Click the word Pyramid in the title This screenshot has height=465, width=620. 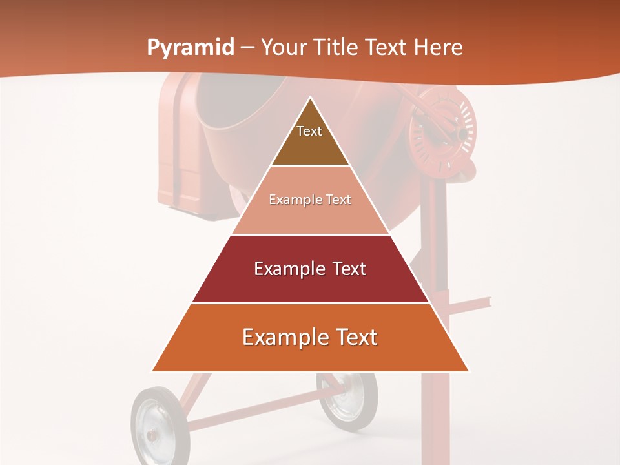(x=190, y=48)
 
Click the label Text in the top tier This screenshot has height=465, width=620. (x=309, y=131)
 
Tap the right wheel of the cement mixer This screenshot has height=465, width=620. (x=347, y=400)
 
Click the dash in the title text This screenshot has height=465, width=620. (x=247, y=48)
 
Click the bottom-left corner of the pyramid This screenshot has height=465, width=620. (x=153, y=371)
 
